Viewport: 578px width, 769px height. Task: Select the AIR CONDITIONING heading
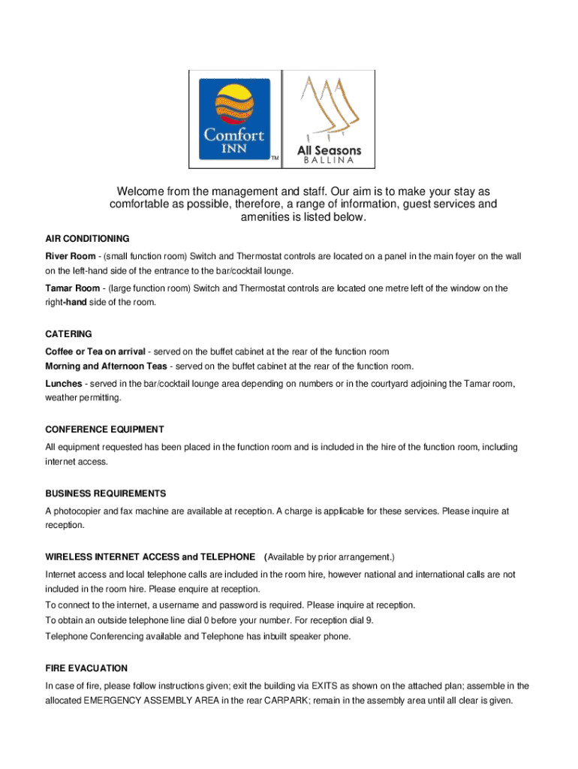point(87,239)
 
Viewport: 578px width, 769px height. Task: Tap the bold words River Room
point(71,257)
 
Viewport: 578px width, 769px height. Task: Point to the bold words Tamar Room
point(73,288)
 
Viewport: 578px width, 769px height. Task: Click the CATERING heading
point(68,333)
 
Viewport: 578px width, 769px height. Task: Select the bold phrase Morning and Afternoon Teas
point(107,366)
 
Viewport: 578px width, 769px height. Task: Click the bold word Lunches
point(64,384)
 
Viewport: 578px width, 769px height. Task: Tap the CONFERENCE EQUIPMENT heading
point(104,430)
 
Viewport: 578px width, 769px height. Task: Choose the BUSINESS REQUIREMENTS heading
point(106,493)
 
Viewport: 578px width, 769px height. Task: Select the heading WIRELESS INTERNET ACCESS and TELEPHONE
point(150,557)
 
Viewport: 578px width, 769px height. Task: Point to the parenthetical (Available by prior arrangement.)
point(330,557)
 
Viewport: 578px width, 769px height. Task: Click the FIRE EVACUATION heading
point(86,668)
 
